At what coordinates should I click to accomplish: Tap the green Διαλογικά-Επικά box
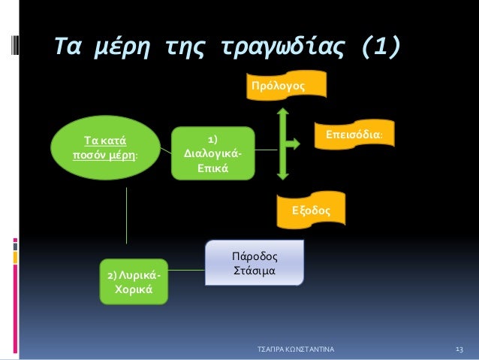pyautogui.click(x=212, y=153)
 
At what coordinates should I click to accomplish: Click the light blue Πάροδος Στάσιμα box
pyautogui.click(x=255, y=262)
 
